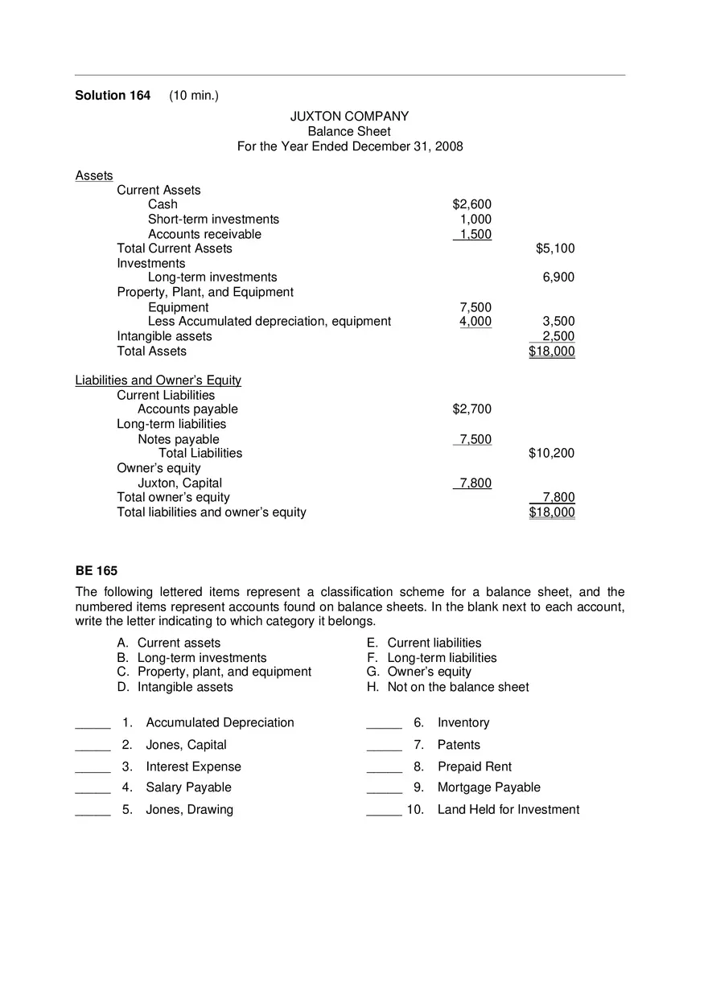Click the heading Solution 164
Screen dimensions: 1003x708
tap(113, 96)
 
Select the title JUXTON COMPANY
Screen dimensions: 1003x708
tap(349, 117)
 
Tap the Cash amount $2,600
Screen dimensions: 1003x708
tap(471, 204)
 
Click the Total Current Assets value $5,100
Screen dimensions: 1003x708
tap(555, 249)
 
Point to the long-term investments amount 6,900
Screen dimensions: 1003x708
tap(558, 277)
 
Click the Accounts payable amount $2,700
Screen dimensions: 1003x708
tap(471, 409)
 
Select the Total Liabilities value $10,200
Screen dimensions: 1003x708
tap(551, 454)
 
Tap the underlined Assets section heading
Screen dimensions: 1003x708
tap(94, 175)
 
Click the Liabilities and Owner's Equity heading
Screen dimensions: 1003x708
tap(158, 380)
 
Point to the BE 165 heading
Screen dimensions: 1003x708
tap(97, 571)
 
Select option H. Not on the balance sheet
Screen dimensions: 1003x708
tap(447, 687)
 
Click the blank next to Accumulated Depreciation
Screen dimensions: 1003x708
tap(93, 723)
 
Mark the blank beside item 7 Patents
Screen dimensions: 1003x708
tap(384, 746)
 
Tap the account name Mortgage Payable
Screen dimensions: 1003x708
tap(488, 787)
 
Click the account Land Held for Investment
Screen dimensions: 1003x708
tap(508, 810)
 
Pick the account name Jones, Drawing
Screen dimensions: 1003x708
tap(189, 810)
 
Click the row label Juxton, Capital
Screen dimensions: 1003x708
tap(179, 483)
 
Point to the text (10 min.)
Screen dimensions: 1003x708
tap(194, 96)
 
